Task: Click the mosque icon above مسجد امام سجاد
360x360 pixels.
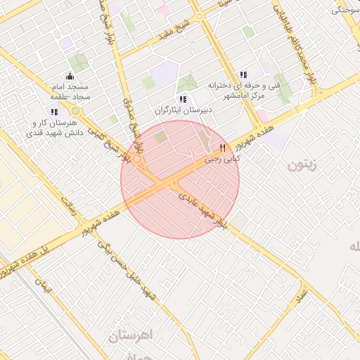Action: click(x=70, y=77)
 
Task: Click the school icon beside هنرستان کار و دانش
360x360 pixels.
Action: click(x=55, y=112)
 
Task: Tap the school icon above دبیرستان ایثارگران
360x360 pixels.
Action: click(x=184, y=100)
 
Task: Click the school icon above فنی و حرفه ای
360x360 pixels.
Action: click(x=243, y=75)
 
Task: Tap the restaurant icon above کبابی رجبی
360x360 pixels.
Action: click(x=222, y=148)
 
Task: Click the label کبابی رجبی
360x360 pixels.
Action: click(x=222, y=160)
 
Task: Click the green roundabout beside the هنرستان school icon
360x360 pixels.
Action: click(x=75, y=111)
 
